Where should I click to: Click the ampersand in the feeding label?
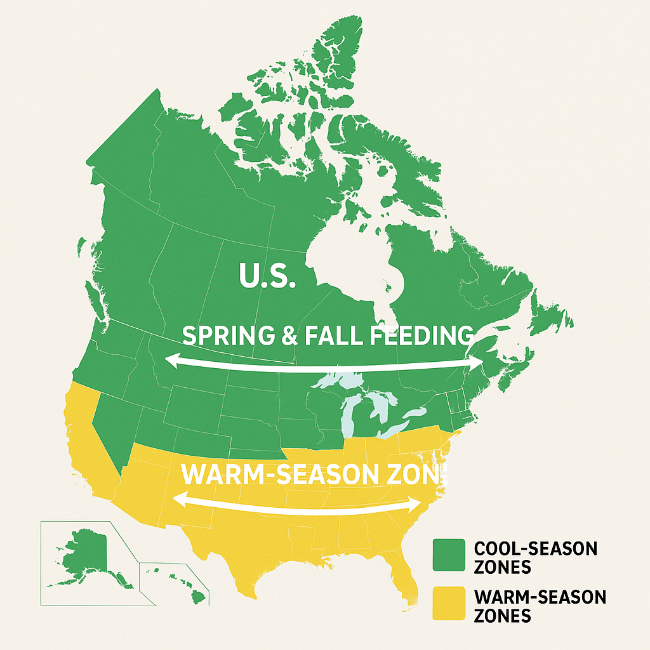289,335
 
